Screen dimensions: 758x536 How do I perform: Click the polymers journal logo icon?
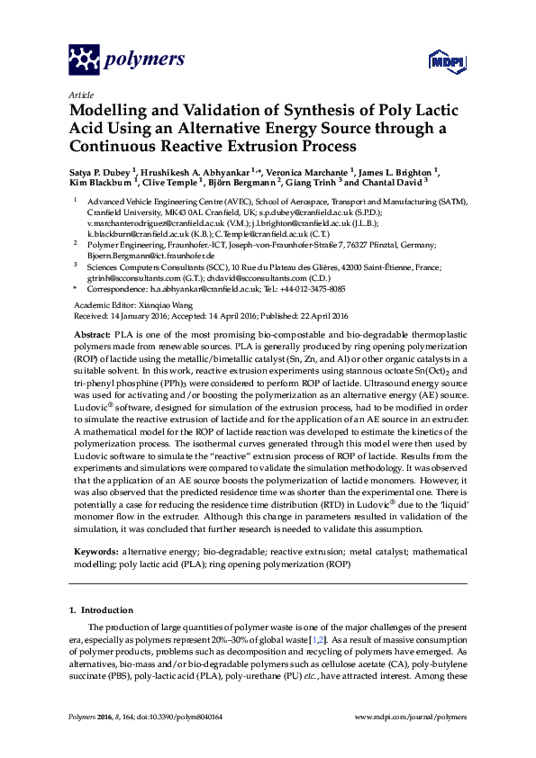point(86,59)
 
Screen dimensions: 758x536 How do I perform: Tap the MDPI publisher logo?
point(438,61)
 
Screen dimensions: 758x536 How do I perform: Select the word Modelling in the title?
point(111,111)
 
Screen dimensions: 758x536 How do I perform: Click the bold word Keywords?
point(95,548)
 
